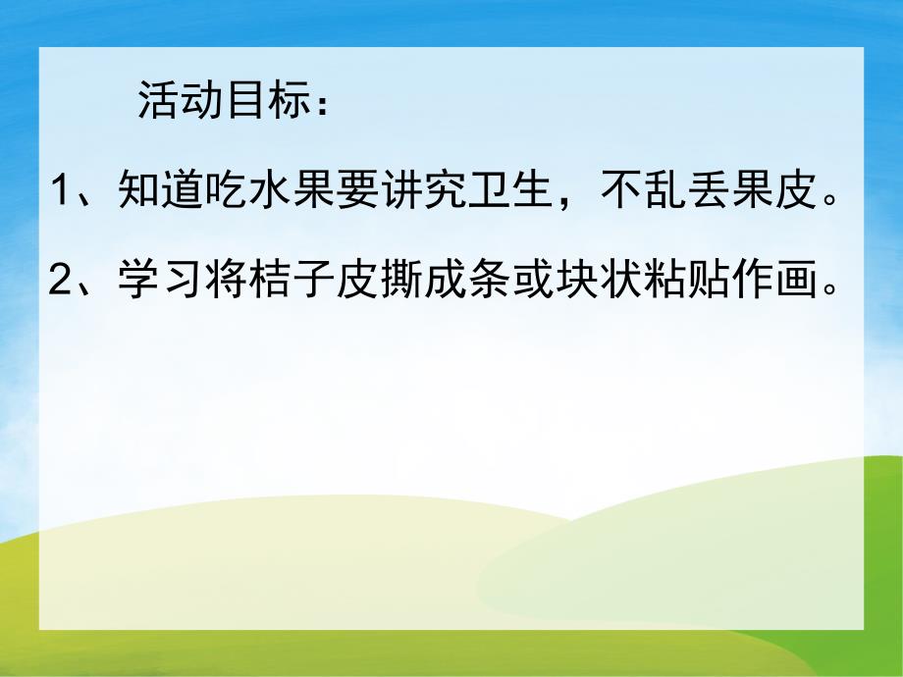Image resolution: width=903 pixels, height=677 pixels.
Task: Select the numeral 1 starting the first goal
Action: tap(60, 190)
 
